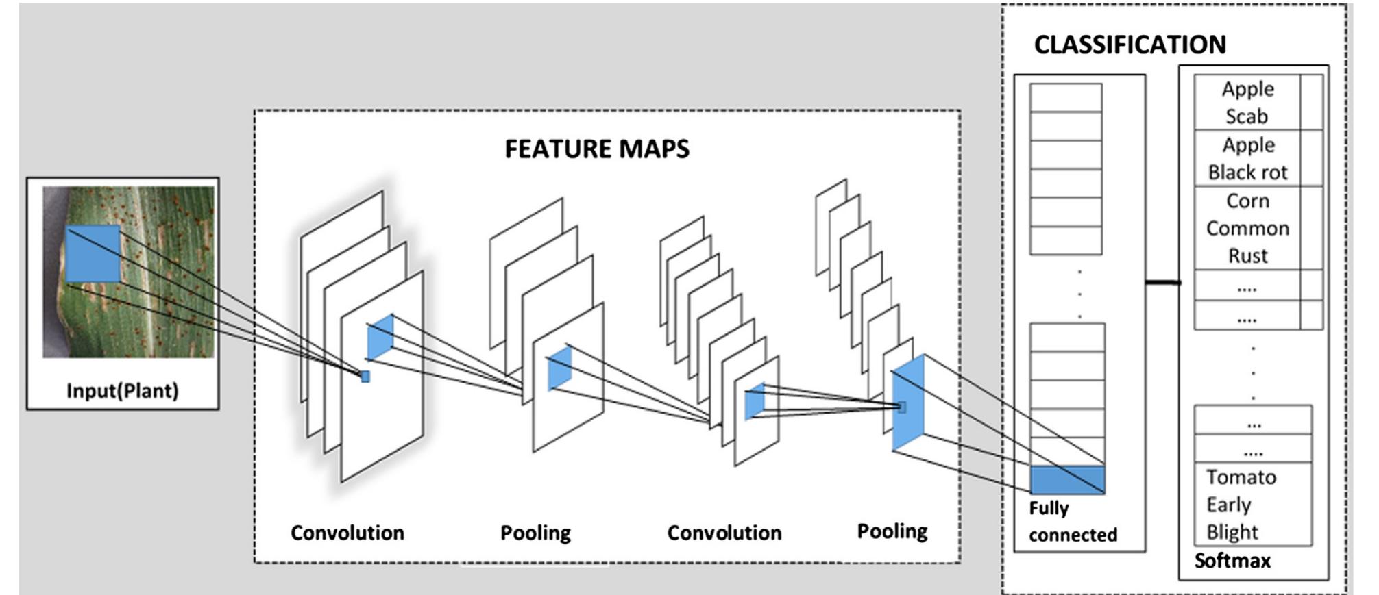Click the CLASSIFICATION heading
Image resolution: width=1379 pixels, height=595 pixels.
tap(1130, 45)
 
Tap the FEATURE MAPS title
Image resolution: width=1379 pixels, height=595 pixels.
tap(597, 149)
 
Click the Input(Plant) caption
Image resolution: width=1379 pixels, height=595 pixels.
tap(122, 391)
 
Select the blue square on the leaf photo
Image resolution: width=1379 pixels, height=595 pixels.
tap(94, 255)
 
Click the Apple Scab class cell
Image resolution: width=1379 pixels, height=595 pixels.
tap(1247, 103)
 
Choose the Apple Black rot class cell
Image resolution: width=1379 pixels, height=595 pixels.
tap(1247, 159)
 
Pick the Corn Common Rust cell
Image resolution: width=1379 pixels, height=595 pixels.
tap(1247, 228)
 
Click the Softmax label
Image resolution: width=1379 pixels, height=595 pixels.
tap(1232, 561)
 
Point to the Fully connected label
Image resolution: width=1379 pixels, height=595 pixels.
tap(1072, 522)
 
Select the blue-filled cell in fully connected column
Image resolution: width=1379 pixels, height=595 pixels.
tap(1067, 480)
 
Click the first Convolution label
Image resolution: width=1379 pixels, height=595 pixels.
tap(347, 533)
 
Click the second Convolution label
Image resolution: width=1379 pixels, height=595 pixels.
tap(724, 533)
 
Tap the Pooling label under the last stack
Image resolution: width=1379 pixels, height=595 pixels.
tap(892, 531)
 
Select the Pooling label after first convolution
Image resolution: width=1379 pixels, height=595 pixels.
tap(535, 533)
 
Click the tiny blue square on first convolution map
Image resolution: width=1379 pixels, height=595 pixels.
tap(365, 377)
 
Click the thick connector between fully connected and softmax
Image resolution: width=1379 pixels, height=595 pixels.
tap(1162, 282)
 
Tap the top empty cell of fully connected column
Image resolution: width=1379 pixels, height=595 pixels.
tap(1066, 98)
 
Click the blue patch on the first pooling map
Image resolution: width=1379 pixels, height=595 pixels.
tap(559, 369)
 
